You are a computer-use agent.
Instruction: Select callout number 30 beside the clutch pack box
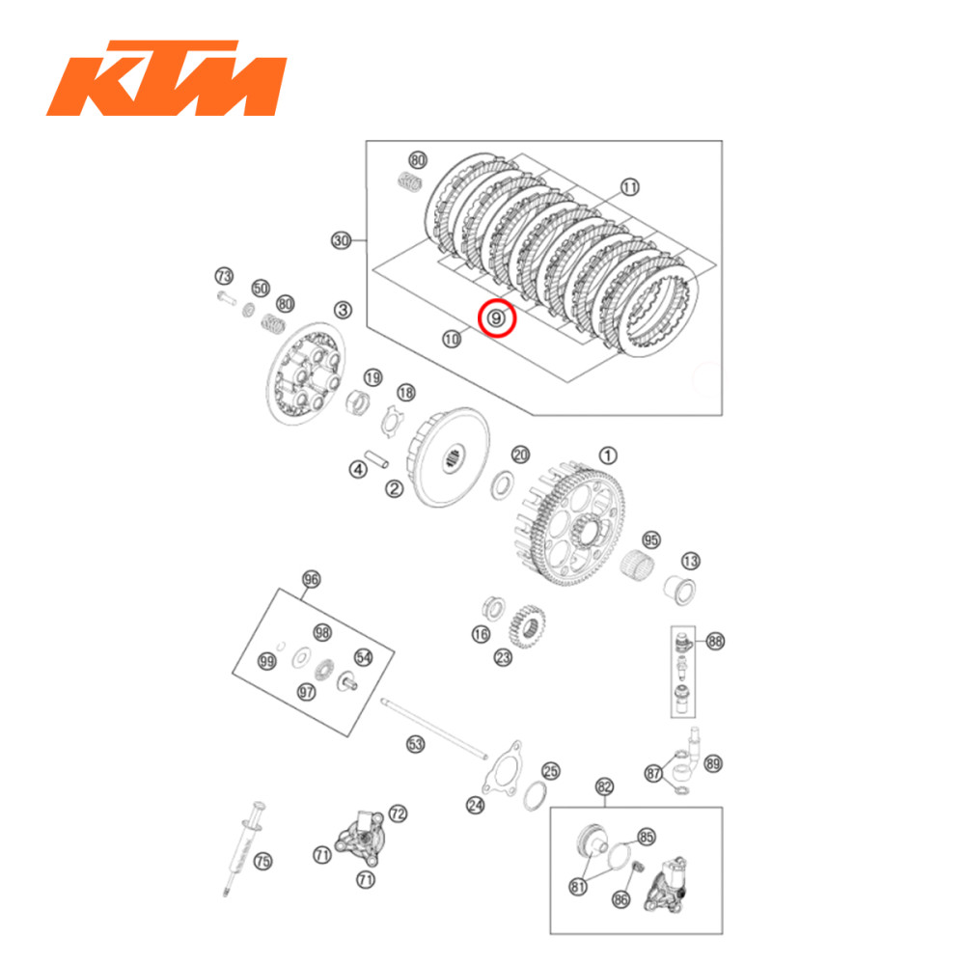point(340,240)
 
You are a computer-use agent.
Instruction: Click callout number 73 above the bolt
point(224,277)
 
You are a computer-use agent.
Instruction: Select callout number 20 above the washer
point(520,455)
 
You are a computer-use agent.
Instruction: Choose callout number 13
point(691,561)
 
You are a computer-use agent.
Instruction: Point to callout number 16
point(481,634)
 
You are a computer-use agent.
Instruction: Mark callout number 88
point(714,641)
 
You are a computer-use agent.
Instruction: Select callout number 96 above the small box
point(311,579)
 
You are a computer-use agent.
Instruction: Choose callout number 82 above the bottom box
point(605,786)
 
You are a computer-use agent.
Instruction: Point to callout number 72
point(398,813)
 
